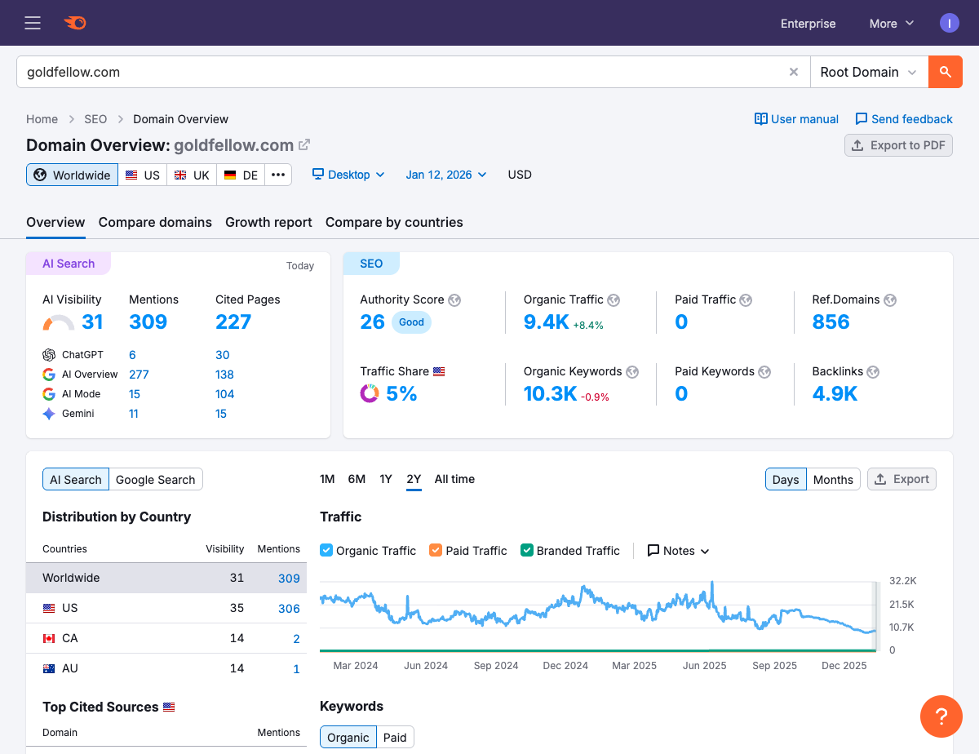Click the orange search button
(945, 72)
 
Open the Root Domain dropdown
(869, 72)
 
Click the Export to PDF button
(898, 145)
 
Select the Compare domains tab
(155, 222)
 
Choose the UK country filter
(192, 175)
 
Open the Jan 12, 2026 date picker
(446, 175)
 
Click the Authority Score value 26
(372, 322)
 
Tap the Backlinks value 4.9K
(835, 394)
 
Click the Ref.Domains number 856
(831, 322)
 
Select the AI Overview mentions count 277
(139, 375)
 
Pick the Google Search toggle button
(155, 480)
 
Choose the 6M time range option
(357, 479)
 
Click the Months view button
(832, 480)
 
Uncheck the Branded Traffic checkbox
(527, 551)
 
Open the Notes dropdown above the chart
(678, 551)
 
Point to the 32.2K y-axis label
(903, 581)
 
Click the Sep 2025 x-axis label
(774, 666)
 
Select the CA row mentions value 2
(296, 638)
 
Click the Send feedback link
(903, 119)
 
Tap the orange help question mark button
(941, 717)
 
